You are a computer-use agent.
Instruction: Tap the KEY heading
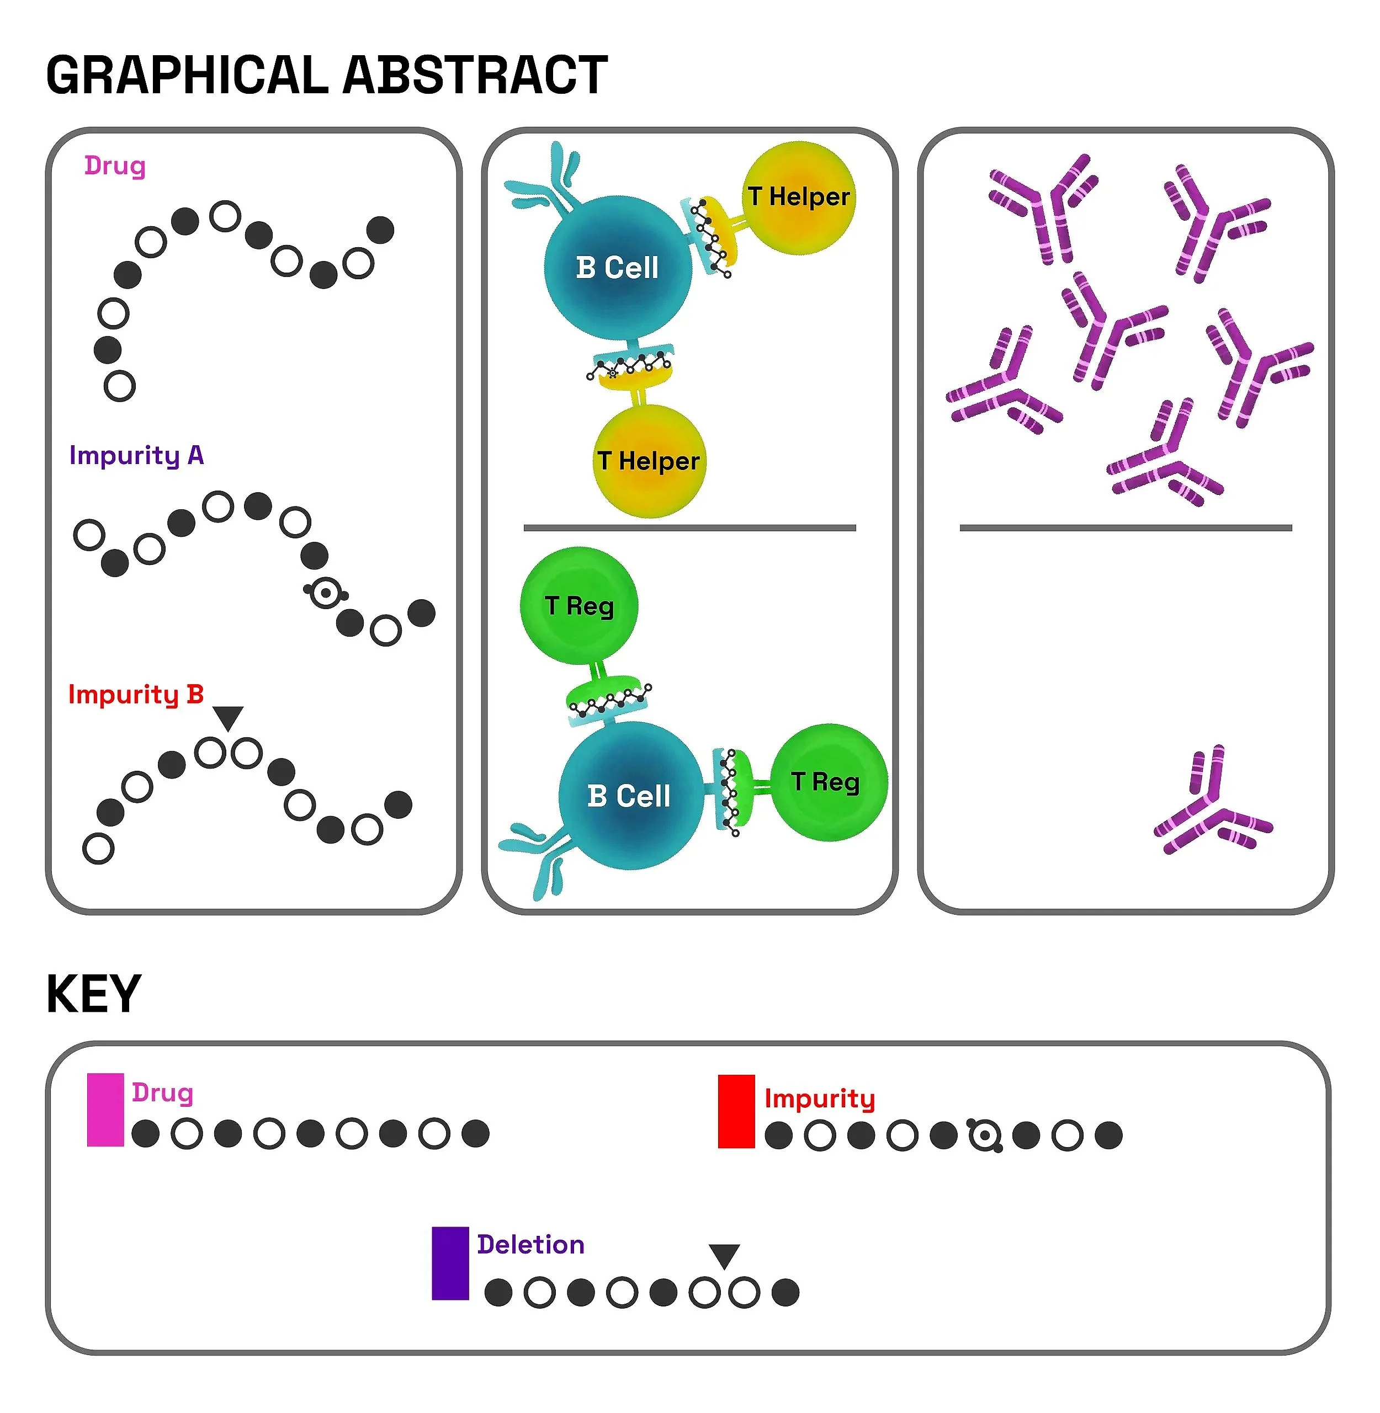93,994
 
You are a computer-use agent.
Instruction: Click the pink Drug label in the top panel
114,166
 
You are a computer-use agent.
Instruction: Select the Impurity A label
136,455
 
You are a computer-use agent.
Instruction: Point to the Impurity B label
136,694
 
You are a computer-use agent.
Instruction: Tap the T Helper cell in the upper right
799,197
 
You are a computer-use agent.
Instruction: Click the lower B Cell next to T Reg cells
629,796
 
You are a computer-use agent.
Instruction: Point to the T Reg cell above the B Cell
579,606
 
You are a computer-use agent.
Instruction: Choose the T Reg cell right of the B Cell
827,782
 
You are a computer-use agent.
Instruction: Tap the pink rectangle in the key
105,1110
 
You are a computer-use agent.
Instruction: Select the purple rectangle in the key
450,1263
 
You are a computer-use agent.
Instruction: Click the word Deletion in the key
530,1244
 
